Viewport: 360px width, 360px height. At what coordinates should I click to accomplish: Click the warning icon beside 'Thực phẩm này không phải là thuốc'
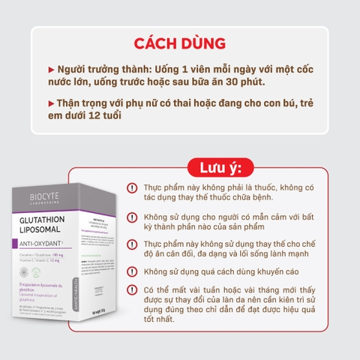pyautogui.click(x=132, y=187)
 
